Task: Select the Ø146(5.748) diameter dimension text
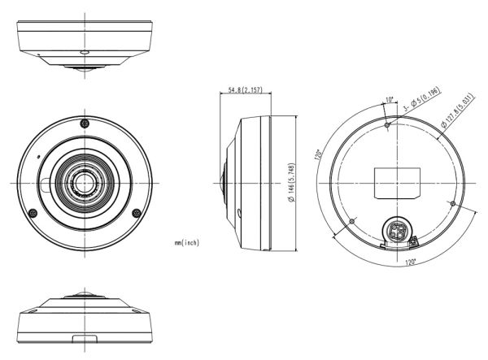[x=290, y=184]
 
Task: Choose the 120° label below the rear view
[x=410, y=262]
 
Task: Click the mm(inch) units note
[x=187, y=242]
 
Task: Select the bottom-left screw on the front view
[x=33, y=213]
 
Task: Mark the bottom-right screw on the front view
[x=133, y=213]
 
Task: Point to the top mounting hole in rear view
[x=388, y=125]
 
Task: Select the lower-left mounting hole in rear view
[x=351, y=220]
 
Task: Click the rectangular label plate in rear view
[x=397, y=181]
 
